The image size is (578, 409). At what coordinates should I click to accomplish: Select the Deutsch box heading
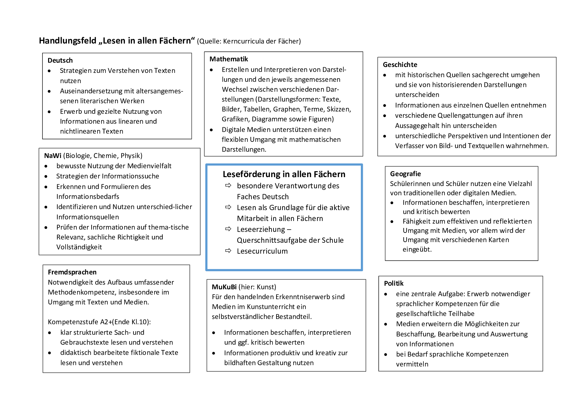coord(60,60)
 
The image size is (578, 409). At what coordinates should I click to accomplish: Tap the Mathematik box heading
coord(229,59)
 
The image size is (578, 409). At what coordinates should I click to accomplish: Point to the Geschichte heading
coord(400,65)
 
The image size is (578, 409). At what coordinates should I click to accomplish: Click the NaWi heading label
coord(53,156)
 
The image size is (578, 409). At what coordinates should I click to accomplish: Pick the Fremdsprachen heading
coord(72,272)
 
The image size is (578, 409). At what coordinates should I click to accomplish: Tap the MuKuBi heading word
coord(224,287)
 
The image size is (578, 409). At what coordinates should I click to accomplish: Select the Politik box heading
coord(393,283)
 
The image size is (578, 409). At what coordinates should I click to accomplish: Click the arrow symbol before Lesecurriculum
coord(228,251)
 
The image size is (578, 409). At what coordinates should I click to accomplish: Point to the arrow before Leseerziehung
coord(228,229)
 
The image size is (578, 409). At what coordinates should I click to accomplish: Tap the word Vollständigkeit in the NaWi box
coord(79,247)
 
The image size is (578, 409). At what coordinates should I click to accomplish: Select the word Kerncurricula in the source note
coord(244,41)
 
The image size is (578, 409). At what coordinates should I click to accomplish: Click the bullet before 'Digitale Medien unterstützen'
coord(212,130)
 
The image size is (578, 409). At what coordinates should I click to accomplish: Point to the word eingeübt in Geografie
coord(417,249)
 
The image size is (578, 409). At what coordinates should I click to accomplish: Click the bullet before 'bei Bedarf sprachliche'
coord(386,355)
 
